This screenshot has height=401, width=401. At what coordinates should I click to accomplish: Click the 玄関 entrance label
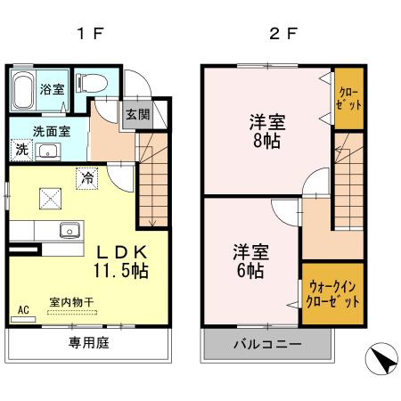136,114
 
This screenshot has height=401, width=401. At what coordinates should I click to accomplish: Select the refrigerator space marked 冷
87,176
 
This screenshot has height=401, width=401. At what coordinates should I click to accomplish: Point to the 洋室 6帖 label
249,259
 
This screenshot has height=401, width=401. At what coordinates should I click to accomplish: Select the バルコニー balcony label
266,344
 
